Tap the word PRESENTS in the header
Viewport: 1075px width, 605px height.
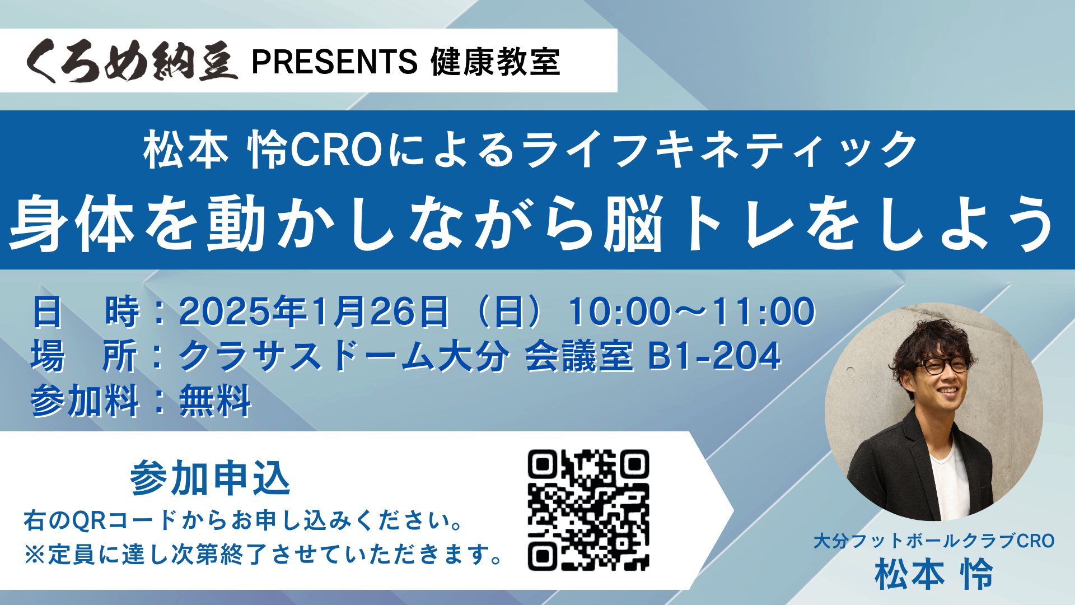[335, 62]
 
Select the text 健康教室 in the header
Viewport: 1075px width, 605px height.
[496, 62]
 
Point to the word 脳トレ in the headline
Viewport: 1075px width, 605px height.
[699, 223]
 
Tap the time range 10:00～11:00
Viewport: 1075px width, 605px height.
[692, 311]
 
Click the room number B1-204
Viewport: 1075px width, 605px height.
[714, 356]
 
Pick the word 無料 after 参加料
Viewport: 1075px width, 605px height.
[216, 401]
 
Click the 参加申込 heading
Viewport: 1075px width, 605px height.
[210, 478]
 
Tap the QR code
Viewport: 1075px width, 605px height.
[588, 510]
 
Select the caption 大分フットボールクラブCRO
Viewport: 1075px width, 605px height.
[934, 541]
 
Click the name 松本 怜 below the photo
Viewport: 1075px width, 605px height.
[934, 575]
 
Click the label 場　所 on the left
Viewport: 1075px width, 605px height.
[84, 356]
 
